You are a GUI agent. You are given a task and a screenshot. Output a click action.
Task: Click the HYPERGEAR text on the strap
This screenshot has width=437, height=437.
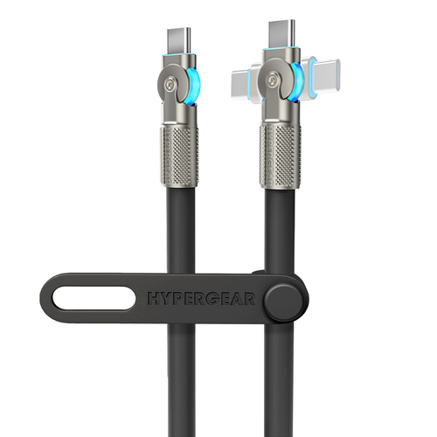click(202, 299)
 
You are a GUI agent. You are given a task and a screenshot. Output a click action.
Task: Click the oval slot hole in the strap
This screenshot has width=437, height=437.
click(94, 298)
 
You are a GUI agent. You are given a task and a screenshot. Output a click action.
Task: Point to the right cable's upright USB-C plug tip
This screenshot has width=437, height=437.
click(281, 32)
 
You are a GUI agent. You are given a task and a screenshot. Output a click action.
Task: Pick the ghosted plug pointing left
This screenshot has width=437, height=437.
click(240, 82)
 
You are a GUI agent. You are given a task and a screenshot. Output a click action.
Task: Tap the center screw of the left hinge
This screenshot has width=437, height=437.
click(170, 85)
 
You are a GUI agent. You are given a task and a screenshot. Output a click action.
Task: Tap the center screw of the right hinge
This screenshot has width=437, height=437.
click(273, 79)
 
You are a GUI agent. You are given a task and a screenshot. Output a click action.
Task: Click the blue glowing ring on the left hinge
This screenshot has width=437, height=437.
click(192, 85)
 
